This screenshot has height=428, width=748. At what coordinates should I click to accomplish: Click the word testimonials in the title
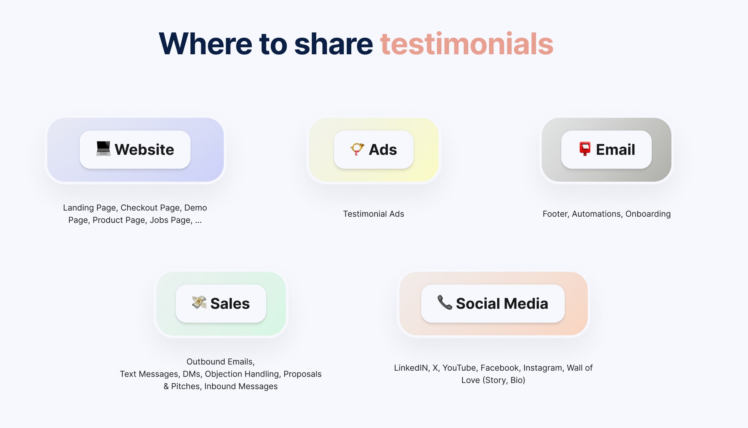pos(467,44)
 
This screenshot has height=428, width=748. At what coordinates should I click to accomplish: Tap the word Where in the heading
pos(205,44)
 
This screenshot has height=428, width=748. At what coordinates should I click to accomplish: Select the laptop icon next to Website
pos(103,149)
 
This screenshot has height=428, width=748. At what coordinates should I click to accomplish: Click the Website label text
pos(144,149)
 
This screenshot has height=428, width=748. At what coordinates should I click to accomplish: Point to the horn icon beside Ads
pos(357,149)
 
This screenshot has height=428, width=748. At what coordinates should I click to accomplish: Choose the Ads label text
pos(383,149)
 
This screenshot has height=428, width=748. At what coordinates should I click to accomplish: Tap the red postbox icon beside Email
pos(585,149)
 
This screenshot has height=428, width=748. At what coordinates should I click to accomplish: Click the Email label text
pos(615,149)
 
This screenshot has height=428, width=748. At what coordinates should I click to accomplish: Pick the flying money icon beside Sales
pos(199,303)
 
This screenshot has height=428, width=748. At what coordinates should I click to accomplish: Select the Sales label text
pos(230,304)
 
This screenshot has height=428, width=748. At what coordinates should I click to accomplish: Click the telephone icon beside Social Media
pos(445,303)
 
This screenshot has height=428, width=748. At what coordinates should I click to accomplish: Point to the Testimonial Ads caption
pos(374,214)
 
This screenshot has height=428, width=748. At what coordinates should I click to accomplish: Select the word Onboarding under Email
pos(648,214)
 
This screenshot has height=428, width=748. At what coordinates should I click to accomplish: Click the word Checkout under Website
pos(139,208)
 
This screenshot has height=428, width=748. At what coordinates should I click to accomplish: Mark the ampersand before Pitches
pos(166,386)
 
